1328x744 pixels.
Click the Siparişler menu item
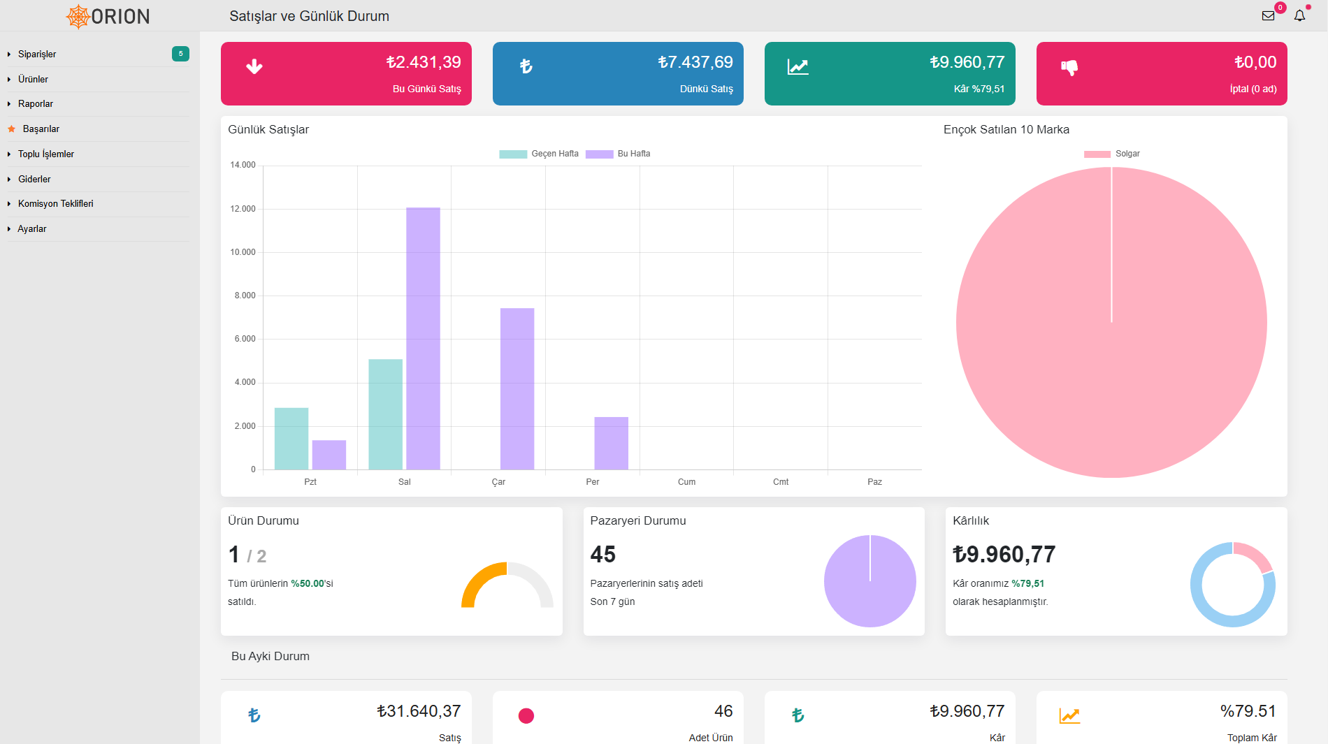(x=37, y=54)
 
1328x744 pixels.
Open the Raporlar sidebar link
(x=36, y=103)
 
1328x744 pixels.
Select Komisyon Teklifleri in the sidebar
(x=56, y=203)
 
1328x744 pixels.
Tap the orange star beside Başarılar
(x=11, y=129)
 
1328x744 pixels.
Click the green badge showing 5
(x=180, y=54)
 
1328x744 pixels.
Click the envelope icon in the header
(x=1268, y=15)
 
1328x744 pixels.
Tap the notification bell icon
(x=1299, y=15)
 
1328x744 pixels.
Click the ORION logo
(x=108, y=16)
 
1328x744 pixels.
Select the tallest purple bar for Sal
(x=423, y=338)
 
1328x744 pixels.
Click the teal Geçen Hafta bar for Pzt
(x=291, y=439)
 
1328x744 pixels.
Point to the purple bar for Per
(x=611, y=443)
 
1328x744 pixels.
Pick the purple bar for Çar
(x=517, y=388)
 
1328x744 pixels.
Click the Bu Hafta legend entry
(x=618, y=154)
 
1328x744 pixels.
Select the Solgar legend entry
(x=1112, y=154)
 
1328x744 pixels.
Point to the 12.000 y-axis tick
(x=243, y=209)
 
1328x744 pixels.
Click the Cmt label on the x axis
(x=781, y=482)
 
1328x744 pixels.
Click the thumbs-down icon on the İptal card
(x=1069, y=67)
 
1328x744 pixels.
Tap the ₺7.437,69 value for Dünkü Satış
(x=695, y=62)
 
